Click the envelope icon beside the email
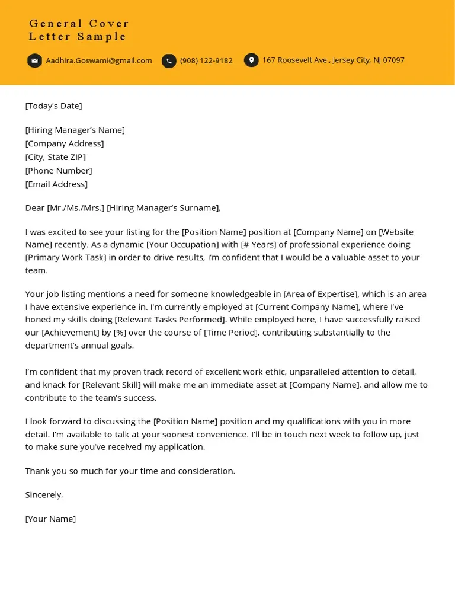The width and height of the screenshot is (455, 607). pos(34,60)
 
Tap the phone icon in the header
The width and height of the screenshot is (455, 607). pos(169,61)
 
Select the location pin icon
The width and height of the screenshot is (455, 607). pos(251,60)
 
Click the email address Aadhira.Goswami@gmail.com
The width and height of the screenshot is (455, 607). pos(99,60)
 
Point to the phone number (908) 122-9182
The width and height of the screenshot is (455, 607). pos(206,60)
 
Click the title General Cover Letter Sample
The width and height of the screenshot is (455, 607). pos(79,30)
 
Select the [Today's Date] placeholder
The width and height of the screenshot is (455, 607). pos(53,106)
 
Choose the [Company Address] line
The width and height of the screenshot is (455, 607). pos(65,143)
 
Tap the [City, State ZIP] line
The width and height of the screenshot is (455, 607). pos(56,157)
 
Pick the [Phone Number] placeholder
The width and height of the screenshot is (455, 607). pos(59,171)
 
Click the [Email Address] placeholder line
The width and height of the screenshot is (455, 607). pos(56,184)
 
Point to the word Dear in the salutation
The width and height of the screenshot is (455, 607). pos(35,208)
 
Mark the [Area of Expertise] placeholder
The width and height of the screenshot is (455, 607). pos(321,294)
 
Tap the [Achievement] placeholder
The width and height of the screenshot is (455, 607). pos(71,333)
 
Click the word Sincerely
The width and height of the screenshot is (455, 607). pos(44,495)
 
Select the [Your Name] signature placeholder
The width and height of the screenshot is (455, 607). pos(50,519)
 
